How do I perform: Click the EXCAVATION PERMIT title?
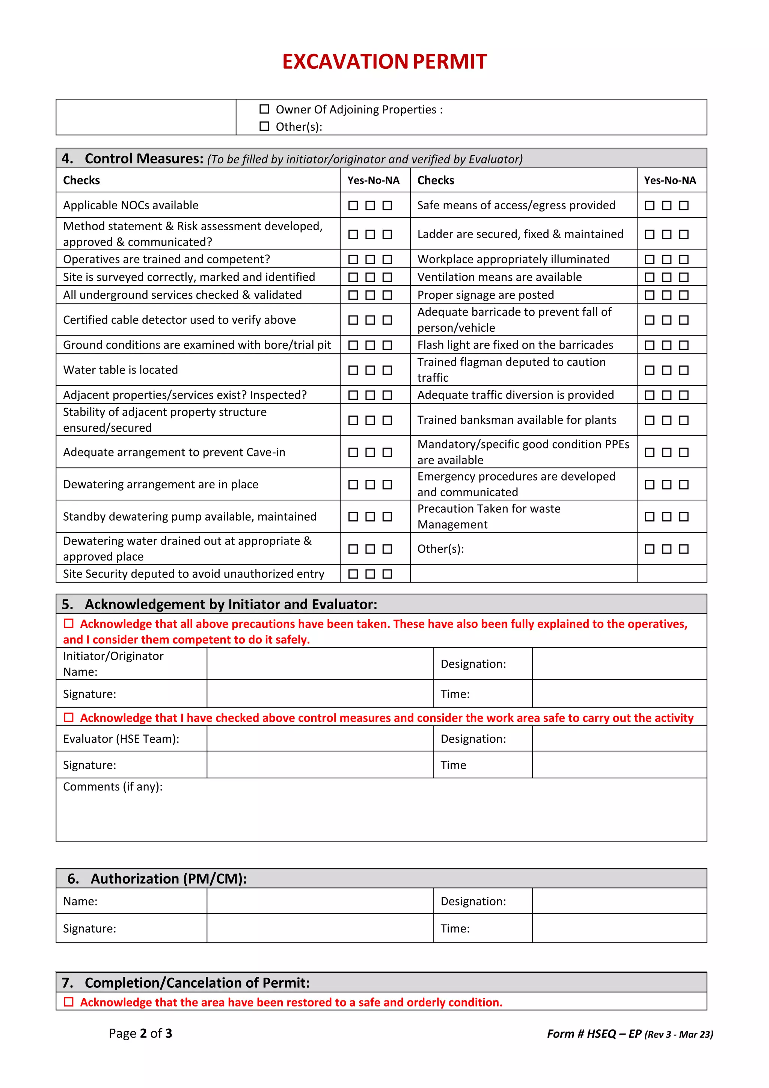pyautogui.click(x=384, y=62)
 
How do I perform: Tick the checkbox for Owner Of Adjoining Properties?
pyautogui.click(x=264, y=109)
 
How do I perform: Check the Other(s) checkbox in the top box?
pyautogui.click(x=264, y=126)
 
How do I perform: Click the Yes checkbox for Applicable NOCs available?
pyautogui.click(x=353, y=205)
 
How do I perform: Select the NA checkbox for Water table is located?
pyautogui.click(x=388, y=370)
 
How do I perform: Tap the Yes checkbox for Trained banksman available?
pyautogui.click(x=650, y=420)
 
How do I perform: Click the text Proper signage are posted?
pyautogui.click(x=486, y=295)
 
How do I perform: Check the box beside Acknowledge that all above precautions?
pyautogui.click(x=69, y=623)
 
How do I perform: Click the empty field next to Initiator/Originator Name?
pyautogui.click(x=320, y=663)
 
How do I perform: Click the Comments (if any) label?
pyautogui.click(x=113, y=787)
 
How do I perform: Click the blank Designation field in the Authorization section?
pyautogui.click(x=619, y=901)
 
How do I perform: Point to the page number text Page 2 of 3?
pyautogui.click(x=141, y=1034)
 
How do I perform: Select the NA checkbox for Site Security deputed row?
pyautogui.click(x=388, y=574)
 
